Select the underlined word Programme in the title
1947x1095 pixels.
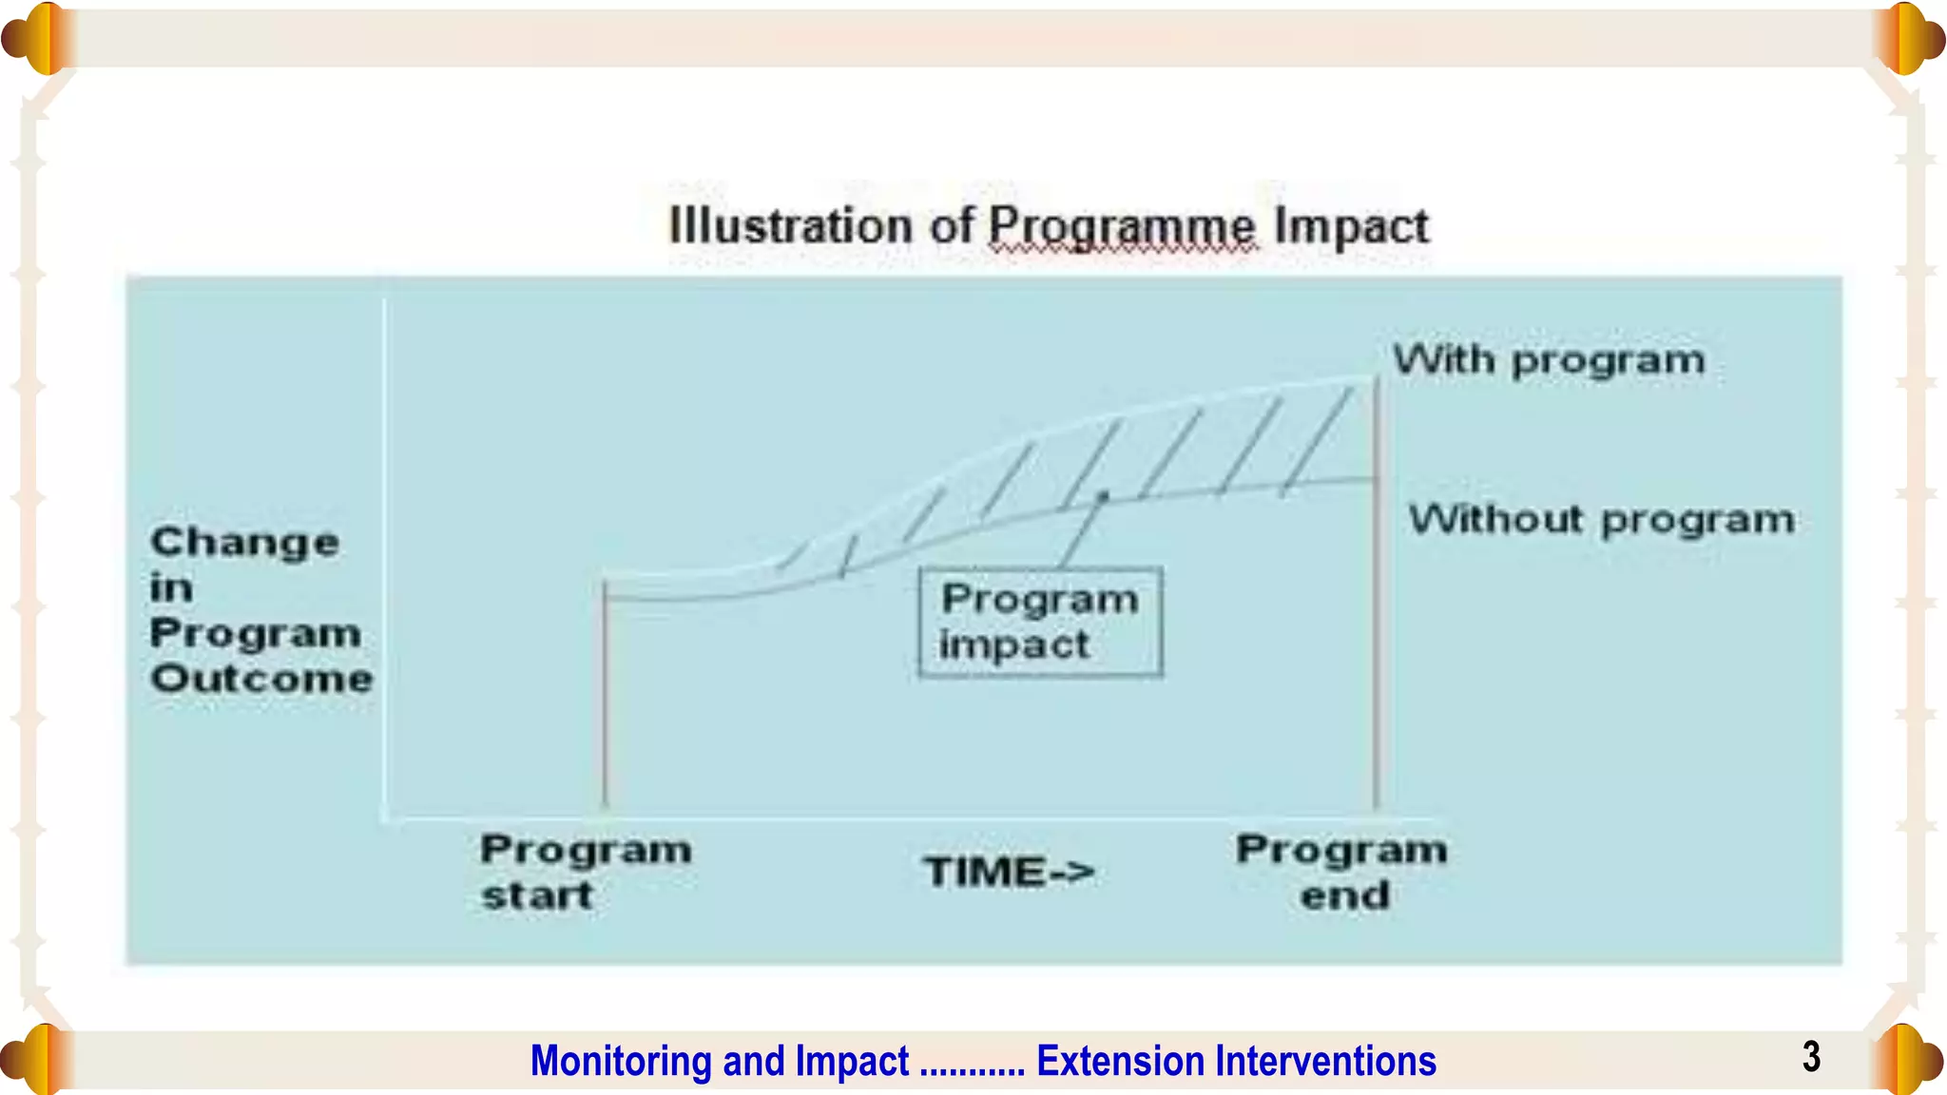1122,228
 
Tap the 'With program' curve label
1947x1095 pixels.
1549,361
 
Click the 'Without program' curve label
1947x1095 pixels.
1602,520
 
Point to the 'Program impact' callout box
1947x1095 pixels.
1040,623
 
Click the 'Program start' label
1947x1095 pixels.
585,872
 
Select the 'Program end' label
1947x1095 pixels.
1341,872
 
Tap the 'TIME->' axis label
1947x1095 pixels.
1009,872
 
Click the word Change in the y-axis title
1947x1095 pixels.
244,543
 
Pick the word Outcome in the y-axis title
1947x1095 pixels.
261,679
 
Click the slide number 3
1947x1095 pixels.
1811,1057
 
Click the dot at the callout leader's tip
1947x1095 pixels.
1103,496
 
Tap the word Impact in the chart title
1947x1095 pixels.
1351,226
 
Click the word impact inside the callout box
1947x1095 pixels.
1013,645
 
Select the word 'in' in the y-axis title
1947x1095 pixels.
171,588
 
